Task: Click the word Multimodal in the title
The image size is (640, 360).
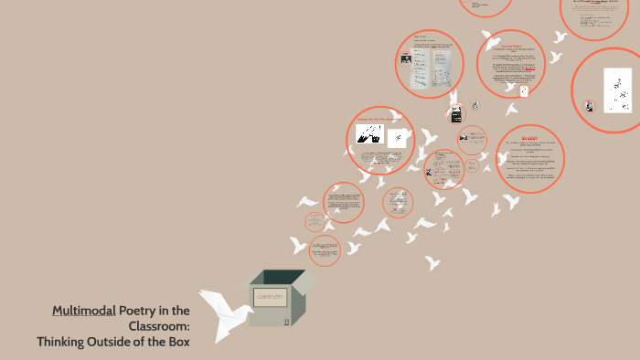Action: pos(84,310)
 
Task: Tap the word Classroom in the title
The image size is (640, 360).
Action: pos(159,325)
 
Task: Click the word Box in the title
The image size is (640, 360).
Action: pos(176,342)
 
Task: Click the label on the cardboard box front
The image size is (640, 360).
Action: pos(271,298)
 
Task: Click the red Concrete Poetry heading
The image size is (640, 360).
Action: pos(510,45)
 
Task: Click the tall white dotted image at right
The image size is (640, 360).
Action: pos(618,89)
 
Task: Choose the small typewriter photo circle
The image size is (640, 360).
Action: pos(455,115)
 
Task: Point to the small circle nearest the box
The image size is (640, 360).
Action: pos(324,250)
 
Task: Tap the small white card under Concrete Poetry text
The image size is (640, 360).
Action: pos(523,90)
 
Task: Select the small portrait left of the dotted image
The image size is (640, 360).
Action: pos(592,105)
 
